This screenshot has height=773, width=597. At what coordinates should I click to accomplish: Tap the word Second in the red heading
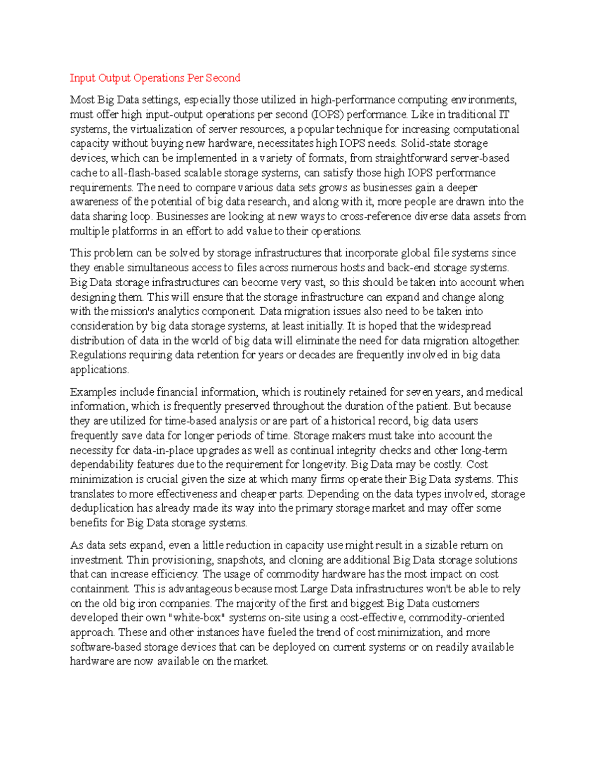(x=223, y=78)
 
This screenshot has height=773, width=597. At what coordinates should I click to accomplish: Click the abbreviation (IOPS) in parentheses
(x=327, y=114)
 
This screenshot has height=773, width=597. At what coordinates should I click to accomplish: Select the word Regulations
(x=98, y=355)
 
